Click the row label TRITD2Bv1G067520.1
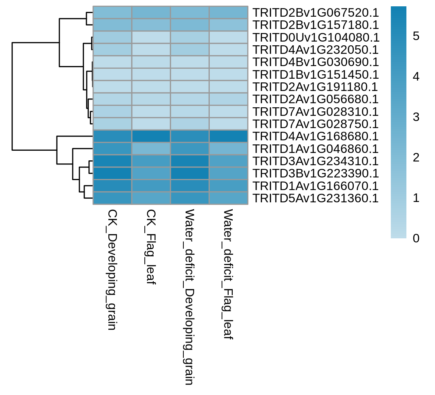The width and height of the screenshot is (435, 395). click(316, 13)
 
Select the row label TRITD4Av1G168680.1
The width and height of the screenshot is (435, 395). click(316, 137)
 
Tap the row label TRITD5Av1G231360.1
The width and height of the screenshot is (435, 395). click(316, 199)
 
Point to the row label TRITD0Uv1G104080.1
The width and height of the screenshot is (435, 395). click(316, 37)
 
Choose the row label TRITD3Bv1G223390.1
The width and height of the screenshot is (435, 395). click(316, 174)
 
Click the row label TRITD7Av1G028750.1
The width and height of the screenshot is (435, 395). click(316, 124)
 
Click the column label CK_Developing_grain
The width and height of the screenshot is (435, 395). click(112, 270)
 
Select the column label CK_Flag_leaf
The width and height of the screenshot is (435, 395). click(151, 247)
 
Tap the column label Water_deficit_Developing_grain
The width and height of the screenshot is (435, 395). click(189, 297)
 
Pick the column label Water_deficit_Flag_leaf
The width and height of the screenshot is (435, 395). click(228, 274)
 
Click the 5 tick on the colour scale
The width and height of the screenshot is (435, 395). click(416, 36)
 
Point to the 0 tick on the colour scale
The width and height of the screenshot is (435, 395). click(416, 238)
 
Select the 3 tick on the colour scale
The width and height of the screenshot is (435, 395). click(416, 117)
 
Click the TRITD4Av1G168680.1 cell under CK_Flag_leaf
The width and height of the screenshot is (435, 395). click(151, 137)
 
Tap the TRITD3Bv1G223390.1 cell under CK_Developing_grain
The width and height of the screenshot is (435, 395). click(112, 174)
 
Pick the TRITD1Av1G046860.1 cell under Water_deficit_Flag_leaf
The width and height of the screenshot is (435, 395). click(229, 148)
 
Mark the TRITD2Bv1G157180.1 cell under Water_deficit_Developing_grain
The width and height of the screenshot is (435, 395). click(190, 25)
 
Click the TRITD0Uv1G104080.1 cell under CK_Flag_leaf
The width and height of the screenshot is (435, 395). click(151, 37)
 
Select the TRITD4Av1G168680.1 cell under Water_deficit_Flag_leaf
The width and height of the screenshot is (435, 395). click(229, 137)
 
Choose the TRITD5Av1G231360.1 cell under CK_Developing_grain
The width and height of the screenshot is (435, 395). click(112, 198)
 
